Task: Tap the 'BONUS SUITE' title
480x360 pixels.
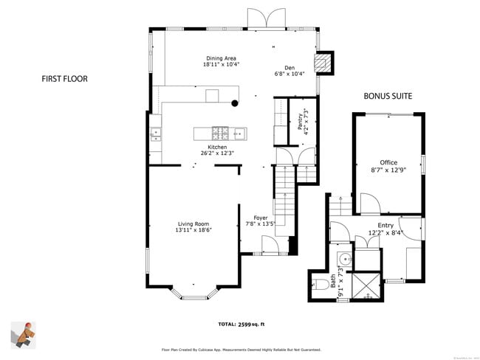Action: [387, 96]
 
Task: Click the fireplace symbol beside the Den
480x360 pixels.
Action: [324, 63]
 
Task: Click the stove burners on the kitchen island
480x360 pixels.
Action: [220, 134]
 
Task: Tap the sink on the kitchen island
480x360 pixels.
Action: [240, 134]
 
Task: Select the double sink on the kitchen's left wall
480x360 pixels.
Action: [155, 134]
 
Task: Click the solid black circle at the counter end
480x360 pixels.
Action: [235, 103]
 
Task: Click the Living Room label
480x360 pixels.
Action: [193, 224]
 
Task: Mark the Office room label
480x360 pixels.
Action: [388, 162]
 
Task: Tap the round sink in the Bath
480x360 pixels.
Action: [344, 259]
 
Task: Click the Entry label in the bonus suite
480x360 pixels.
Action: [385, 226]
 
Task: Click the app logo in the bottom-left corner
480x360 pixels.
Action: [24, 333]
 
